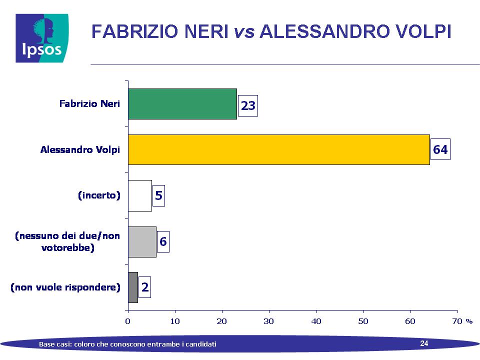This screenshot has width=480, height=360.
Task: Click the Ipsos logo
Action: coord(42,38)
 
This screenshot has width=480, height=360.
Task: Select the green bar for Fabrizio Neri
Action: coord(182,104)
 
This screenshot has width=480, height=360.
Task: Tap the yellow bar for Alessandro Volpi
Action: coord(279,149)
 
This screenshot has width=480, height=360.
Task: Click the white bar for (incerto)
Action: coord(140,195)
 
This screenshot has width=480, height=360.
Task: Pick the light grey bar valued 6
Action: coord(142,242)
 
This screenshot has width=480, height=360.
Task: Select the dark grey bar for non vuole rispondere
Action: coord(133,287)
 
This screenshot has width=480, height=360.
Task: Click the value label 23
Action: coord(248,105)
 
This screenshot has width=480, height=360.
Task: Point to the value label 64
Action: coord(440,149)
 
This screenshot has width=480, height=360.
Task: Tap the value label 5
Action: coord(158,195)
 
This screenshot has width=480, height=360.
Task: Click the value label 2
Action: coord(145,287)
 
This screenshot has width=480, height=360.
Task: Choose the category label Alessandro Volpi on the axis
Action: coord(80,149)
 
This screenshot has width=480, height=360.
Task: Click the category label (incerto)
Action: coord(99,195)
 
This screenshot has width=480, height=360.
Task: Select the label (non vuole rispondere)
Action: coord(65,287)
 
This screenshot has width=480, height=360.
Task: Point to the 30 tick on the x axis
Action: coord(269,321)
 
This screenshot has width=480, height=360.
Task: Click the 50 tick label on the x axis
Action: coord(363,321)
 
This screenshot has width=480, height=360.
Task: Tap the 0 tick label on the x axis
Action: coord(127,321)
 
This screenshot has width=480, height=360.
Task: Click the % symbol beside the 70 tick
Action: coord(469,321)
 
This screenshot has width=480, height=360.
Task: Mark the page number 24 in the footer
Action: coord(424,343)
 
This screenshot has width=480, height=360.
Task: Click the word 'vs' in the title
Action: coord(244,31)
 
